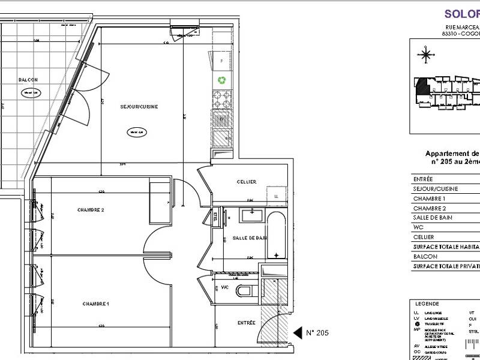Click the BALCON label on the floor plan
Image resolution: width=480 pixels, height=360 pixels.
click(x=28, y=80)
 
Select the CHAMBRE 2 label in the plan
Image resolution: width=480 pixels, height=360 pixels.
click(x=91, y=209)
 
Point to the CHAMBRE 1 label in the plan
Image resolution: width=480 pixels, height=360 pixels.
click(x=95, y=304)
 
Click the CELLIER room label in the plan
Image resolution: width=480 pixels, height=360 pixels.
click(x=246, y=182)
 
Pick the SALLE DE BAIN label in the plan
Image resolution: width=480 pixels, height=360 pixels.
click(x=249, y=238)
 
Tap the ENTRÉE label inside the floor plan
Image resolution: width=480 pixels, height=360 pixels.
click(x=246, y=323)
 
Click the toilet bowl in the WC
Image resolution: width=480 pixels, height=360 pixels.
click(x=245, y=292)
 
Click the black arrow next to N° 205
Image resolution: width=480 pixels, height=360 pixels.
click(x=296, y=332)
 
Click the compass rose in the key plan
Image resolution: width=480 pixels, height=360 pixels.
click(x=427, y=56)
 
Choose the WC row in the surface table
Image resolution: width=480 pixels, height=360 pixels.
click(x=444, y=227)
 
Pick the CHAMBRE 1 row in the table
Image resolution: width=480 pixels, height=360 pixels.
click(x=444, y=198)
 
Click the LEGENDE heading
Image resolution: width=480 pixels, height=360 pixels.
click(x=427, y=304)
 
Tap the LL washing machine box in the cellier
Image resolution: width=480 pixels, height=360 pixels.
click(x=275, y=196)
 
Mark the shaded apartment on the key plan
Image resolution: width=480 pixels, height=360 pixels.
click(x=422, y=85)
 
